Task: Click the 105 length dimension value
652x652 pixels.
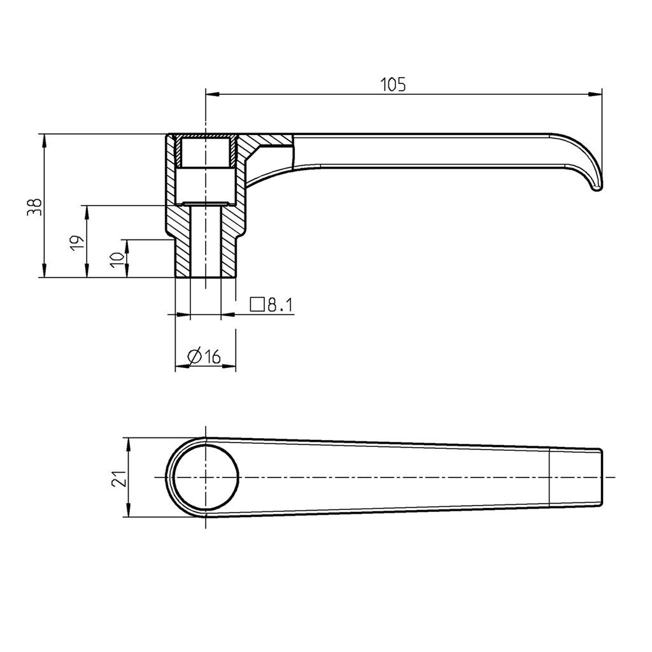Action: click(x=393, y=84)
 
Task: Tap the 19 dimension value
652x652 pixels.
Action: click(x=76, y=243)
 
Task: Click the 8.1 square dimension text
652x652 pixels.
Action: click(x=280, y=306)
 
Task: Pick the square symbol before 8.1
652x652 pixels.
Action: click(x=257, y=304)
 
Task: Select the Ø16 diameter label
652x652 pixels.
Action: click(x=205, y=357)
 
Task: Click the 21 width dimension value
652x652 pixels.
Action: click(x=118, y=478)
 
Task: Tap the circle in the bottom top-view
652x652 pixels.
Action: click(x=206, y=478)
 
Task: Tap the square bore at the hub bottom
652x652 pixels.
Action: click(x=206, y=242)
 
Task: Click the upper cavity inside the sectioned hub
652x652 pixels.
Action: click(x=206, y=152)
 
